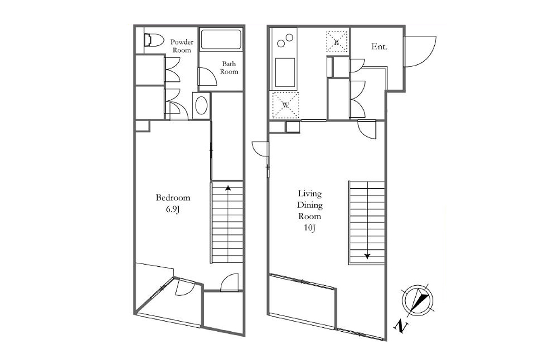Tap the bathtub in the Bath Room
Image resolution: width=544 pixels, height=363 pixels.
coord(221,39)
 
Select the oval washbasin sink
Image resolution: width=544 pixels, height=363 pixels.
coord(201,106)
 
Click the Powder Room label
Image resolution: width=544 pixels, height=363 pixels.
coord(182,46)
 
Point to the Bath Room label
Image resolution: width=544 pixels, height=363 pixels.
coord(229,68)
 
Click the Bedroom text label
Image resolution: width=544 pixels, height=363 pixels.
coord(173,197)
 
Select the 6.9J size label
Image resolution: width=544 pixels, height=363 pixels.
coord(173,209)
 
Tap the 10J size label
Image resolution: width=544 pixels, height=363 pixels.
coord(310,228)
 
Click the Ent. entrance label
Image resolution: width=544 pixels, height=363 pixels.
coord(379,46)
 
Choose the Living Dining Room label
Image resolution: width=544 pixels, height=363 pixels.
coord(310,205)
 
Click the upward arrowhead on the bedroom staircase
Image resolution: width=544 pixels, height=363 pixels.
coord(228,188)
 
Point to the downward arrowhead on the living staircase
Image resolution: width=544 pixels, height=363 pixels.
coord(367,256)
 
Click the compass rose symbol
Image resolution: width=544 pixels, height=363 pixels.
coord(418,300)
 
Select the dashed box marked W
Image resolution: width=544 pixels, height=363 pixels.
coord(286,105)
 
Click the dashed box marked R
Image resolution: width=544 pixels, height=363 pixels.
coord(336,42)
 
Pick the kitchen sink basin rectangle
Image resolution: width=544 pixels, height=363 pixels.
coord(285,73)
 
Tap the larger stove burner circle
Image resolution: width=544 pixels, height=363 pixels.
coord(290,38)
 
